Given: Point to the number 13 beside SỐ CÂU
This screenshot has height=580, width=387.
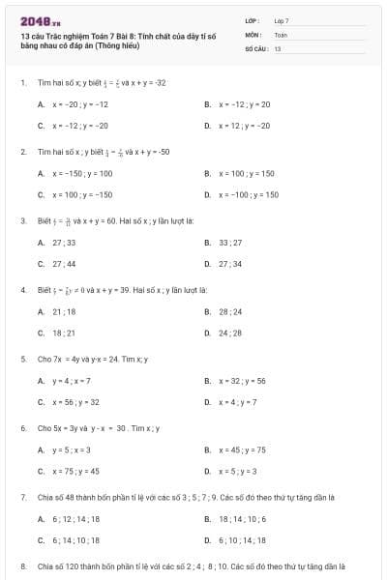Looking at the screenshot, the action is tap(278, 47).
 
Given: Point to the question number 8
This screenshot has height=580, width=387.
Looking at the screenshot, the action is tap(23, 565).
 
